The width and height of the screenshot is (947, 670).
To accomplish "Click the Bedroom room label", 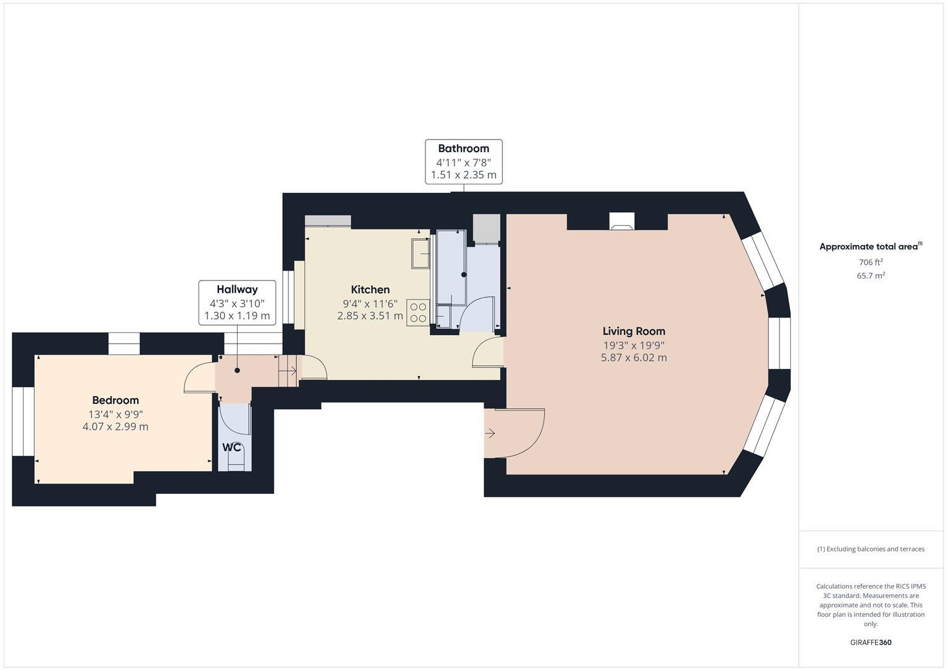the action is [115, 400].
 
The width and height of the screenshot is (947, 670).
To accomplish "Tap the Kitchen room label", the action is [370, 290].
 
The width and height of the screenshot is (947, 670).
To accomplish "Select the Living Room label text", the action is [634, 331].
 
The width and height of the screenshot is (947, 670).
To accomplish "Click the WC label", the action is [232, 447].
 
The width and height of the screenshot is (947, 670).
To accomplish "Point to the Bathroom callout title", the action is [463, 148].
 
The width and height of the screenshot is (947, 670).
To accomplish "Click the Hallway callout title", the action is [237, 289].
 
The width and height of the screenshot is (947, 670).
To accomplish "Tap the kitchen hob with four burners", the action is [418, 313].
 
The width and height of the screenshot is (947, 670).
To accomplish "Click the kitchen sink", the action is [420, 253].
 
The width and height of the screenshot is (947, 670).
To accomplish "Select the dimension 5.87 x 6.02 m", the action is [634, 358].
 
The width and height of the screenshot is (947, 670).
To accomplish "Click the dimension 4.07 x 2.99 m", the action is [115, 427].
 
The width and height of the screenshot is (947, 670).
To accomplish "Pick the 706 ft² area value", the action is [871, 262].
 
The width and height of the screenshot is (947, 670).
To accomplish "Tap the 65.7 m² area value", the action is [871, 276].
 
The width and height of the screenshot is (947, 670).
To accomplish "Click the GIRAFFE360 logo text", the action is [871, 642].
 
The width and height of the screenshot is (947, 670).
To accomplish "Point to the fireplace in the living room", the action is [622, 221].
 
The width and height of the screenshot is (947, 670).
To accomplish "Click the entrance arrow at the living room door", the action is [490, 433].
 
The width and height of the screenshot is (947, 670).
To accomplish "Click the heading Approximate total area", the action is [868, 247].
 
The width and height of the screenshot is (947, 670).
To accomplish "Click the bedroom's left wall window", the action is [23, 421].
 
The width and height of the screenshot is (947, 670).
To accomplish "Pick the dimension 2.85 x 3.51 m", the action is [370, 316].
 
